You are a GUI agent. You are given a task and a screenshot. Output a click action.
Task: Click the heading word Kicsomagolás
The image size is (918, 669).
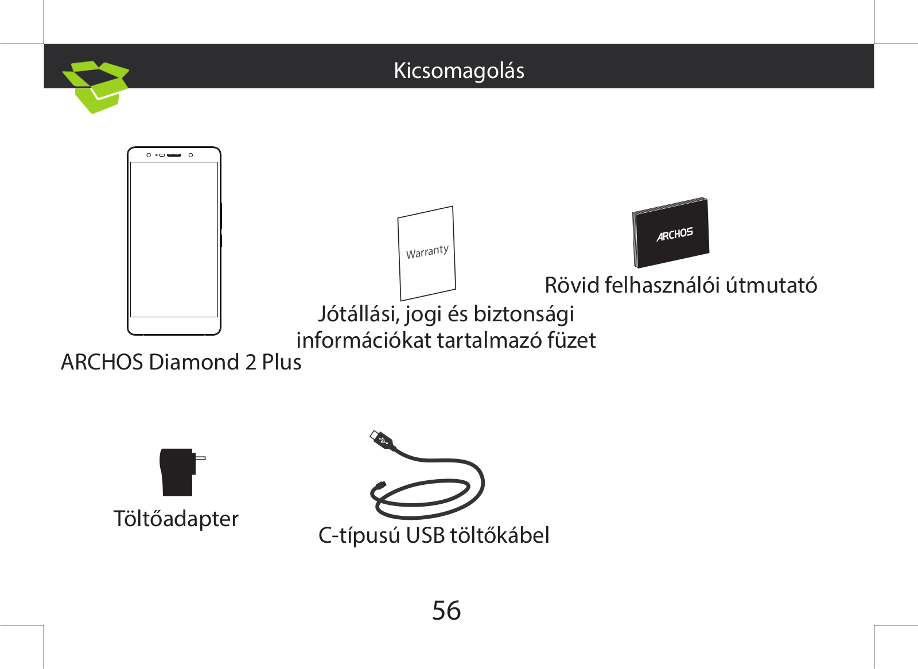pos(458,71)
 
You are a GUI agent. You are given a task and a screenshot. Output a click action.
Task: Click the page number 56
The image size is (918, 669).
pos(446,610)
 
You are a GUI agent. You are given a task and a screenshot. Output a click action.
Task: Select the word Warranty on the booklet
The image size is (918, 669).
pos(427,252)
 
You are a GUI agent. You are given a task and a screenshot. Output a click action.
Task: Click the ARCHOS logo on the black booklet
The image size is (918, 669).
pos(675,234)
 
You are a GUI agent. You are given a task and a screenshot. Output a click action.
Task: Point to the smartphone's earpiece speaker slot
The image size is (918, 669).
pos(174,155)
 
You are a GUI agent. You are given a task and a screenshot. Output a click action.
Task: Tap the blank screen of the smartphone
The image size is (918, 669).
pos(174,239)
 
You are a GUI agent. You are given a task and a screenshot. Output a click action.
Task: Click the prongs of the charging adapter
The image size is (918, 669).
pos(200,458)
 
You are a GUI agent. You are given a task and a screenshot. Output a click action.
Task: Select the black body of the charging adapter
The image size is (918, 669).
pos(177,473)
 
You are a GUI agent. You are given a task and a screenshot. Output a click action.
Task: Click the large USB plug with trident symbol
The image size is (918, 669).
pos(382,440)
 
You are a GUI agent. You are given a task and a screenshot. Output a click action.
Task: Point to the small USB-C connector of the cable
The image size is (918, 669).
pos(379,486)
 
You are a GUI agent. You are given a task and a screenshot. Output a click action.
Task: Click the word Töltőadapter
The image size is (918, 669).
pos(176,519)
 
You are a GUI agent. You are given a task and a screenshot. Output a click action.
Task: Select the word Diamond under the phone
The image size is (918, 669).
pos(194,362)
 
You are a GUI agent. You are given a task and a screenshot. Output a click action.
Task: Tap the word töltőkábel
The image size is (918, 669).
pos(499,535)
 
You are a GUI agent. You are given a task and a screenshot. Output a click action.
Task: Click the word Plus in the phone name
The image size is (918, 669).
pos(281,362)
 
